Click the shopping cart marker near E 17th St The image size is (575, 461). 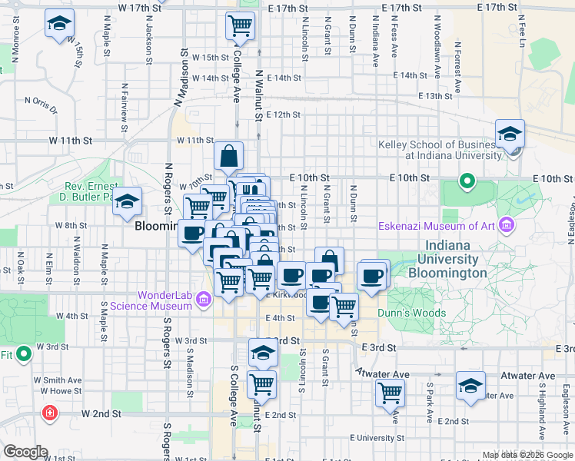click(x=241, y=25)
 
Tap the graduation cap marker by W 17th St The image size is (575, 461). click(x=58, y=24)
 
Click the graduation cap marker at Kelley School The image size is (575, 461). click(x=510, y=134)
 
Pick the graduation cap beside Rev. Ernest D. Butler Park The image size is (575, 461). click(x=128, y=201)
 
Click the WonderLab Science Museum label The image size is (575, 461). click(x=165, y=300)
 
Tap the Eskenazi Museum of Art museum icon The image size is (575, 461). click(x=507, y=225)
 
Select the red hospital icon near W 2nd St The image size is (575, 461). click(x=51, y=413)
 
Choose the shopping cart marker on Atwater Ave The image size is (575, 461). click(x=391, y=393)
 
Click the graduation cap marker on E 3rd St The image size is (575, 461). click(x=263, y=353)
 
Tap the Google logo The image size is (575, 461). click(x=25, y=452)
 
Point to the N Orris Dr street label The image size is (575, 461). click(x=41, y=103)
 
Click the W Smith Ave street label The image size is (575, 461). click(x=57, y=380)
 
